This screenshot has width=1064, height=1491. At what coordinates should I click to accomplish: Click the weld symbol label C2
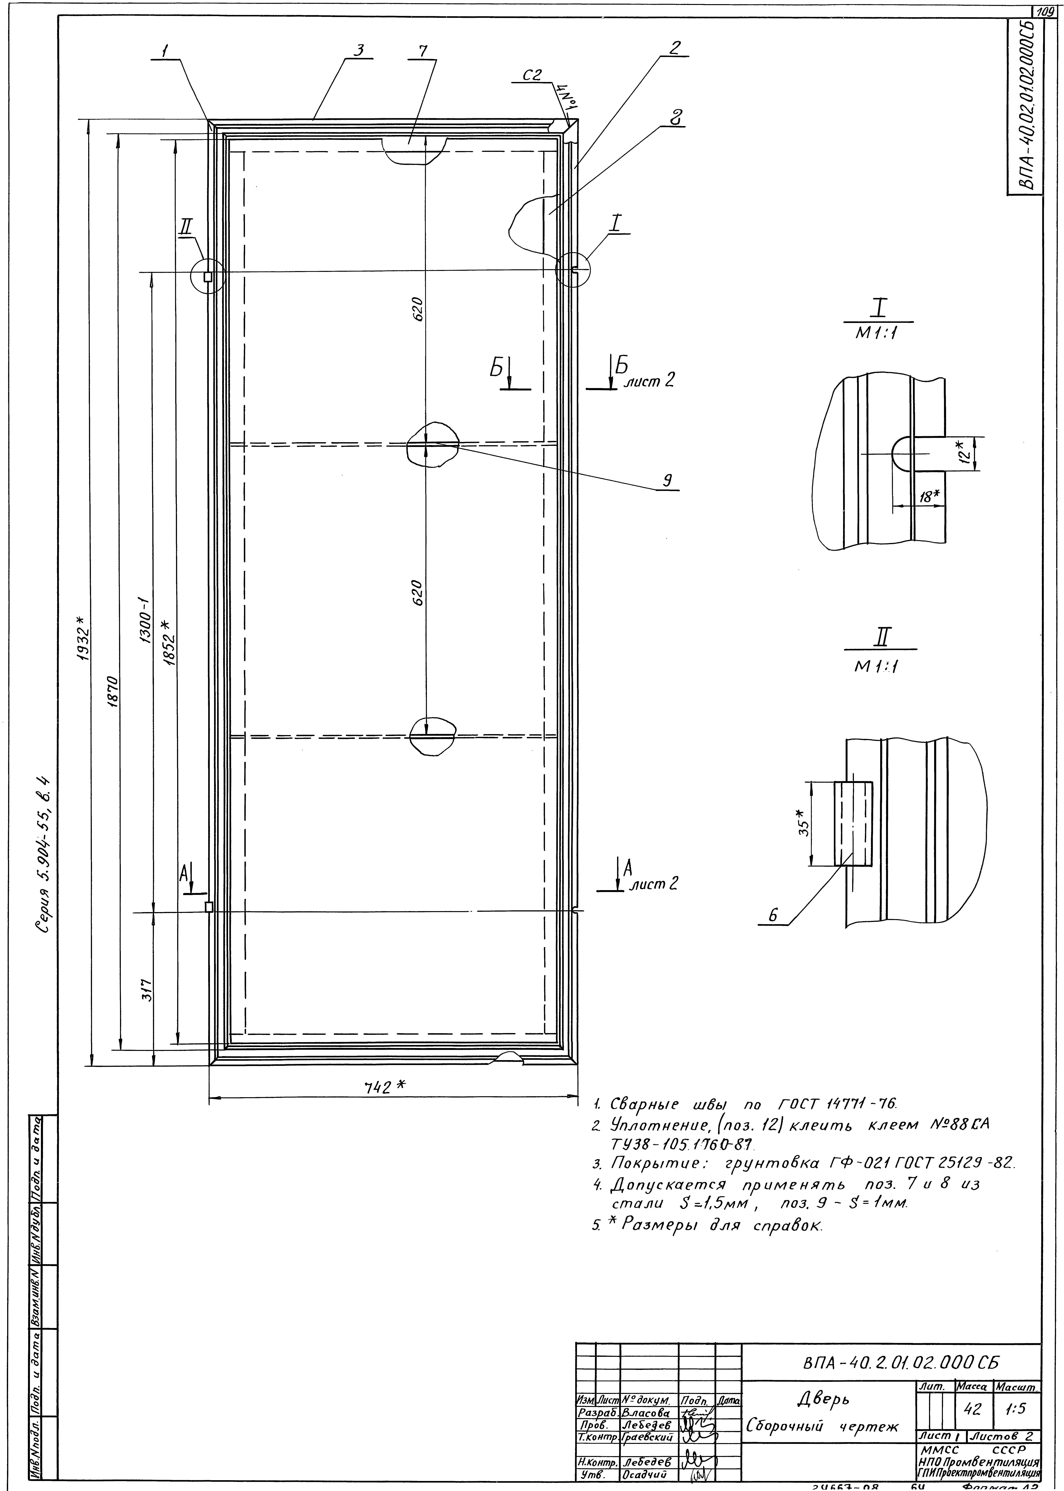pyautogui.click(x=532, y=76)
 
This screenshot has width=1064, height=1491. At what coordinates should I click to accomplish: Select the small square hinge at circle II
pyautogui.click(x=208, y=276)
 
